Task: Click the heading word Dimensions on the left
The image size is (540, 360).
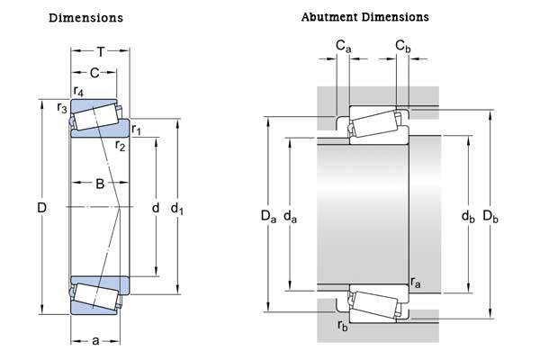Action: (x=85, y=18)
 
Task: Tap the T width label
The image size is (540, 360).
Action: (x=100, y=51)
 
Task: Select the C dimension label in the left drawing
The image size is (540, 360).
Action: (x=94, y=72)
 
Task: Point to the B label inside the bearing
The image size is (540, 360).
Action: (x=100, y=184)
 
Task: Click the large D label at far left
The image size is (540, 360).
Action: (x=41, y=209)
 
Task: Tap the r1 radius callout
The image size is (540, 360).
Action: (x=137, y=130)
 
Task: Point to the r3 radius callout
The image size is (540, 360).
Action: (x=62, y=108)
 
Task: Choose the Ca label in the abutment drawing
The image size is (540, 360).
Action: (x=343, y=44)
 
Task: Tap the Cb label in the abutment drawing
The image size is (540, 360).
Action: (x=402, y=44)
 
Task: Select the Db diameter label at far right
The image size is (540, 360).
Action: (x=490, y=215)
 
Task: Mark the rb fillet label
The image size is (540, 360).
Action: (x=342, y=327)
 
